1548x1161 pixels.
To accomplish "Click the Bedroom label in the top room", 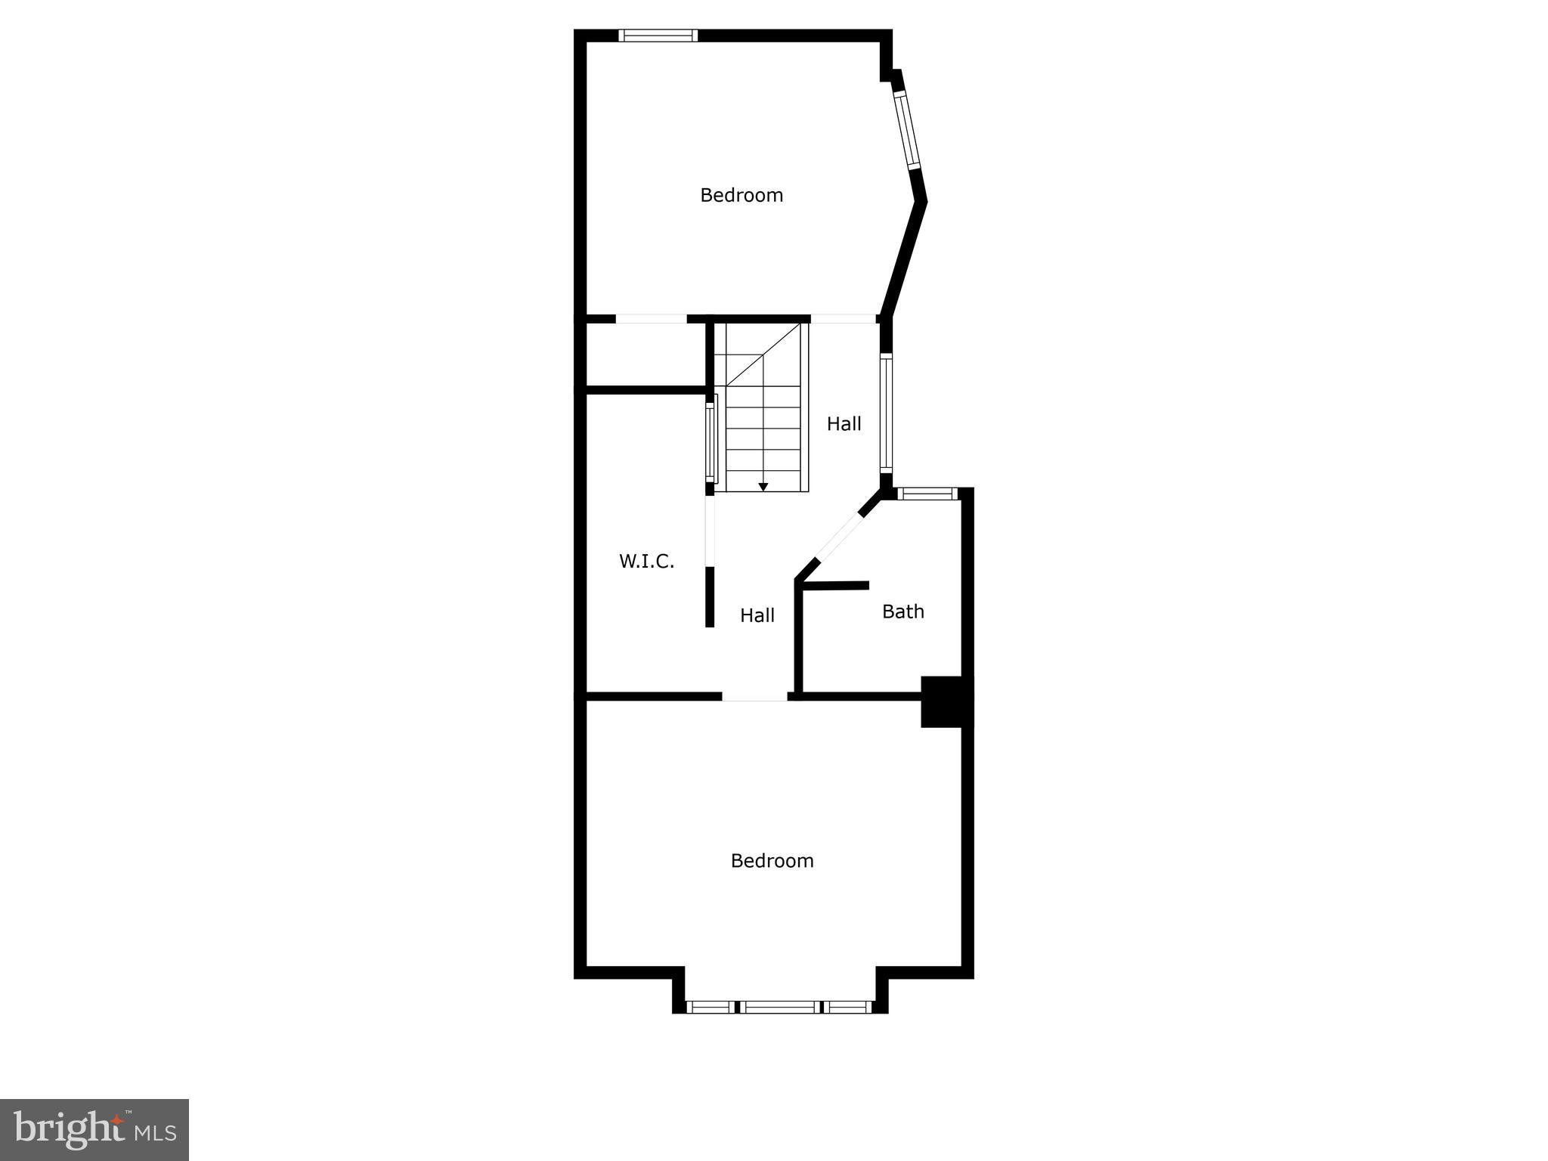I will (741, 195).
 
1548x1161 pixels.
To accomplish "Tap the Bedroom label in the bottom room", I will (772, 860).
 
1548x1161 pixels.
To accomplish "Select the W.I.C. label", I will (646, 561).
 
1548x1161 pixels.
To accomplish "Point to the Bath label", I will (902, 611).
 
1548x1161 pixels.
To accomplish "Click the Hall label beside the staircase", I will (844, 423).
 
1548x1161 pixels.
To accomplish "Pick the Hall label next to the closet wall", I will (757, 615).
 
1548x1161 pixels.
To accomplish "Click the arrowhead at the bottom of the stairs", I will (763, 487).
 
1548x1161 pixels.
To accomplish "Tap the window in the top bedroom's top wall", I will (658, 35).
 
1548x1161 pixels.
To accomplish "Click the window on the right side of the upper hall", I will (886, 413).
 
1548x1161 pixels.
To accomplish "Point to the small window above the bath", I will (927, 494).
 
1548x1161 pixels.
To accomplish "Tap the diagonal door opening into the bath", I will (839, 537).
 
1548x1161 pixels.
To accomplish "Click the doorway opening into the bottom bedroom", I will (754, 696).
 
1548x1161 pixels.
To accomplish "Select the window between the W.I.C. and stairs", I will (711, 441).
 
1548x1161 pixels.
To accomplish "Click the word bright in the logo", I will (70, 1128).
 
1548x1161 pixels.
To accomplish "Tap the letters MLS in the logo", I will (156, 1132).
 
